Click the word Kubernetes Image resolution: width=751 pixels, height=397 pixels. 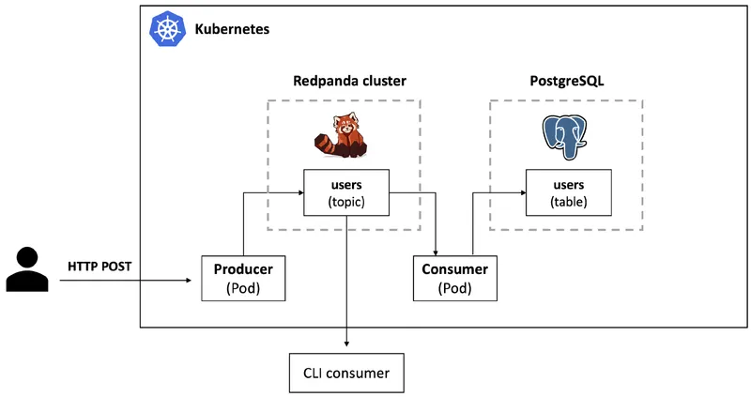[x=232, y=30]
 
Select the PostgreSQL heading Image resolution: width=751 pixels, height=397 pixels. [x=566, y=82]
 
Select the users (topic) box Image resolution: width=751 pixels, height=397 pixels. [x=346, y=192]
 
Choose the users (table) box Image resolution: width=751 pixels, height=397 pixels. [x=568, y=192]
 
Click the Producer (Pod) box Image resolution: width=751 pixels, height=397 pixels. [x=243, y=278]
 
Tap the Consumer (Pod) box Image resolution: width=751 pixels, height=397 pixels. [x=456, y=278]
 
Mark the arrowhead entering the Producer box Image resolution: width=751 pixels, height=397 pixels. [x=197, y=279]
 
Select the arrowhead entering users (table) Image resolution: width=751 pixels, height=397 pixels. [x=520, y=192]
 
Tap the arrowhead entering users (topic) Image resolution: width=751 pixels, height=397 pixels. [x=299, y=192]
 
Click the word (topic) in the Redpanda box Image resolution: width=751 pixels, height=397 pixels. [x=346, y=201]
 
